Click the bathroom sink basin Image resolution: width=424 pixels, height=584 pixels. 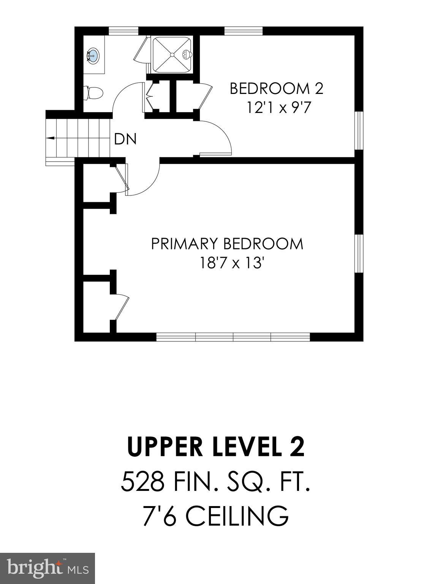(92, 56)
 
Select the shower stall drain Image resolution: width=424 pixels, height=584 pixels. (172, 55)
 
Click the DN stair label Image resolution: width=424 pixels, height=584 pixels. (125, 140)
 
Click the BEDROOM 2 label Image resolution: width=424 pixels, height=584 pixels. (276, 89)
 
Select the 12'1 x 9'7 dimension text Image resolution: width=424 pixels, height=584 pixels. (279, 108)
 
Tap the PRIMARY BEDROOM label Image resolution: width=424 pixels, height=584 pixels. (227, 244)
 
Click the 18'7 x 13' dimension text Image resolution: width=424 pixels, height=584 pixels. (232, 263)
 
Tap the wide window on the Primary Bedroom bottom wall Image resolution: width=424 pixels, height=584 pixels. (233, 337)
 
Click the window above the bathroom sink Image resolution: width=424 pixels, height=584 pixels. (123, 31)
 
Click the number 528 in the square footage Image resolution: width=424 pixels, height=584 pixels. (142, 482)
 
